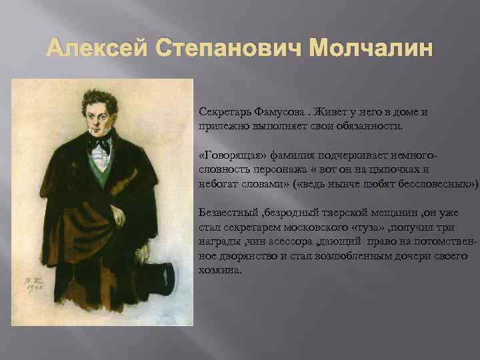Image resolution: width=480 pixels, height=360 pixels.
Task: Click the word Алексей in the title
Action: [89, 50]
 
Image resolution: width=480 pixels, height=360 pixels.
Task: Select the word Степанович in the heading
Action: [212, 50]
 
